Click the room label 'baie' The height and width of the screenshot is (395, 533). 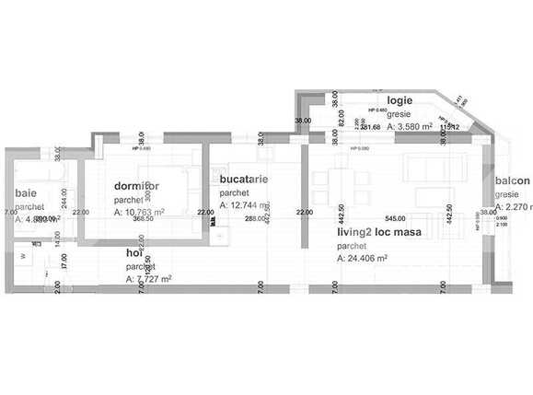click(x=26, y=192)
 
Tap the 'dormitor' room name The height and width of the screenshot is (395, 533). click(x=136, y=186)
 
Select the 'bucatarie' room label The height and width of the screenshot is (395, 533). click(x=244, y=180)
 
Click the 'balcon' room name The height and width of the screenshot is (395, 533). click(x=513, y=181)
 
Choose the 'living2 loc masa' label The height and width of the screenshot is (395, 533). click(x=378, y=233)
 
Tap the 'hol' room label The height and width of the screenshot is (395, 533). click(x=136, y=252)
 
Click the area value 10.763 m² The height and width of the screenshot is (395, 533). click(x=139, y=212)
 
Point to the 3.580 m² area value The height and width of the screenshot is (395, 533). click(x=410, y=127)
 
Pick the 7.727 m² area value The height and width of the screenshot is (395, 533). click(x=148, y=278)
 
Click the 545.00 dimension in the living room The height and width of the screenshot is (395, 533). click(x=395, y=219)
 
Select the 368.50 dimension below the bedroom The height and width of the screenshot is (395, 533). click(x=143, y=219)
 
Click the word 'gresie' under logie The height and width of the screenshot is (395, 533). click(x=400, y=113)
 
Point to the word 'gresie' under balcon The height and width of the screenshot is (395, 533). click(x=507, y=195)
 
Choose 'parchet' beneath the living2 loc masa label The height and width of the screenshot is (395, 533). click(x=352, y=246)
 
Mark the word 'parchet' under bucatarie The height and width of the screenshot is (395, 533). click(x=235, y=193)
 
